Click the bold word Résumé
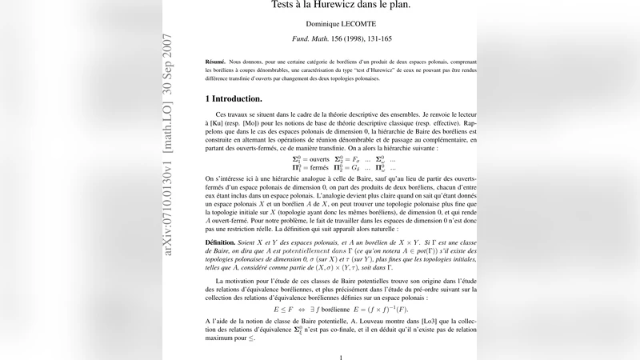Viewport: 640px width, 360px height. (214, 62)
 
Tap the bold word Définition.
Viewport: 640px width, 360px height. (221, 241)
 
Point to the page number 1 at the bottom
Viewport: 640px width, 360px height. (341, 358)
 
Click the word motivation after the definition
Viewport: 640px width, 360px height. (249, 282)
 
